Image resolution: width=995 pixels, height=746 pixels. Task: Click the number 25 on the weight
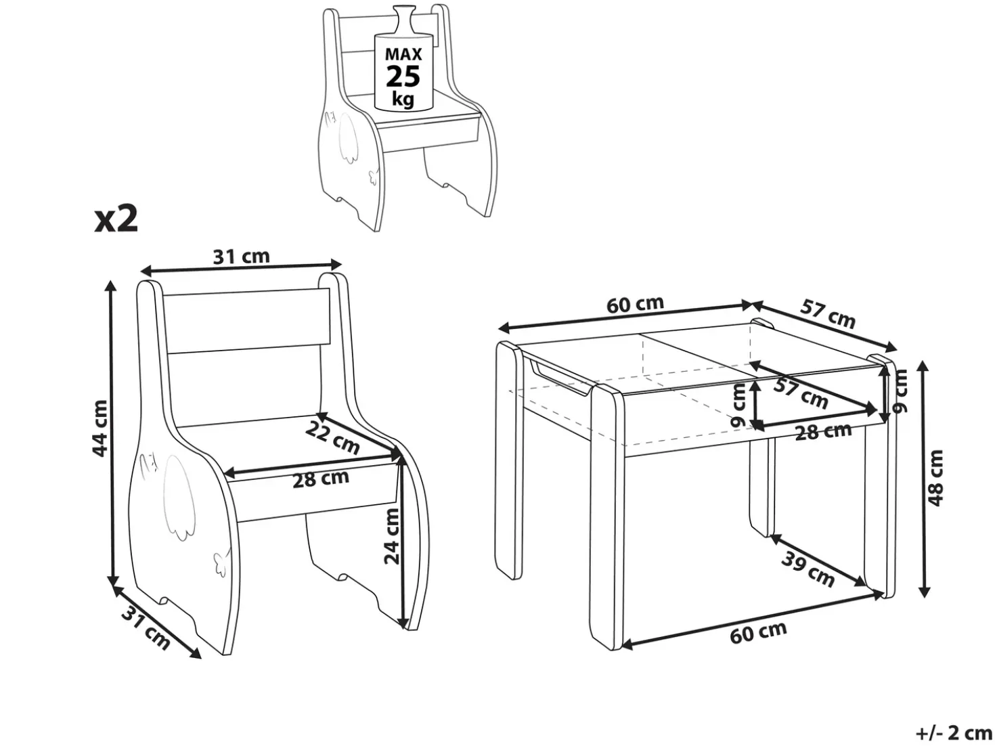[x=403, y=76]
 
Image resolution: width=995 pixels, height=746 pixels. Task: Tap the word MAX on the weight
[x=403, y=54]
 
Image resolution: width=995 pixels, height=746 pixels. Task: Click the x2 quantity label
[x=116, y=219]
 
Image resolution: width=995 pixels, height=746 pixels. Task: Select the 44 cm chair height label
[x=99, y=428]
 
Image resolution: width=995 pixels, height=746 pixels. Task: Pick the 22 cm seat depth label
[x=333, y=437]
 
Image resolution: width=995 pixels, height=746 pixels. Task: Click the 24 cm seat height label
[x=392, y=537]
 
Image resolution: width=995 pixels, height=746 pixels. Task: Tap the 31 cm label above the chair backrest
[x=241, y=257]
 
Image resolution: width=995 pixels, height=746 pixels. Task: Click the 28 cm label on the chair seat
[x=320, y=479]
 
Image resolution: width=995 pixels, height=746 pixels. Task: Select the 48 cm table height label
[x=935, y=478]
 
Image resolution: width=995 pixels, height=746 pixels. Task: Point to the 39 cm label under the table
[x=808, y=570]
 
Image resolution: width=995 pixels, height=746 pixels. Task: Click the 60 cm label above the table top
[x=635, y=304]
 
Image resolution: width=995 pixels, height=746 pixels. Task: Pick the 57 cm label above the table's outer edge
[x=828, y=313]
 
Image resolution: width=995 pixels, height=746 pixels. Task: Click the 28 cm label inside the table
[x=823, y=431]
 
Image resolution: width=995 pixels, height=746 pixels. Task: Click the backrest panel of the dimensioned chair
[x=246, y=321]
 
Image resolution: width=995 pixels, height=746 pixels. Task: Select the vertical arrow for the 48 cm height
[x=923, y=479]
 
